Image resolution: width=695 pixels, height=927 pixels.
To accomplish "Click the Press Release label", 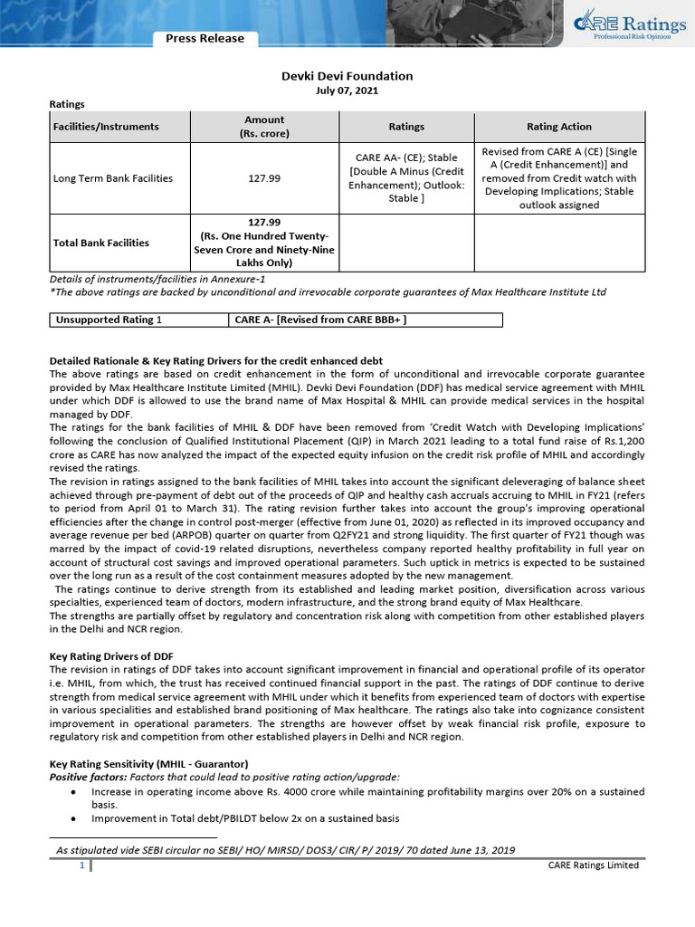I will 205,38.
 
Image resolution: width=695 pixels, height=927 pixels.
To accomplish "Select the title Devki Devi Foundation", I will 347,76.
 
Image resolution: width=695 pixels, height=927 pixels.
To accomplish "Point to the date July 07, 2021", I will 347,91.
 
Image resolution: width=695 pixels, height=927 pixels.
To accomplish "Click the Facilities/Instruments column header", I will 107,127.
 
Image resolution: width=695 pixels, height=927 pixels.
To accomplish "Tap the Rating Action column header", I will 558,127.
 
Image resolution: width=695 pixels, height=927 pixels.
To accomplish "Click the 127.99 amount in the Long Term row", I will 264,178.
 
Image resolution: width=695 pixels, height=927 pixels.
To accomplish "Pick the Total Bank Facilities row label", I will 101,243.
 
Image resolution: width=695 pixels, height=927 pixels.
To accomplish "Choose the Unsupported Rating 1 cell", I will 109,320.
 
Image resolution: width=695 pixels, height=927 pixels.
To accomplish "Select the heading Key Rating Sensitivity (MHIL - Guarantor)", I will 148,765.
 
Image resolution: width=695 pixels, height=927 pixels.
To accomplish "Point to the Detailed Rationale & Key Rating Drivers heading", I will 216,360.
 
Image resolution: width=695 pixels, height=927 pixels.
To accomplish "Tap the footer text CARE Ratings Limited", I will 593,865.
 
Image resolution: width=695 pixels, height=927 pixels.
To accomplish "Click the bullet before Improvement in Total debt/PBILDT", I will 71,818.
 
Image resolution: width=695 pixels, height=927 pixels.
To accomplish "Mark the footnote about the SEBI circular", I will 285,850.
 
